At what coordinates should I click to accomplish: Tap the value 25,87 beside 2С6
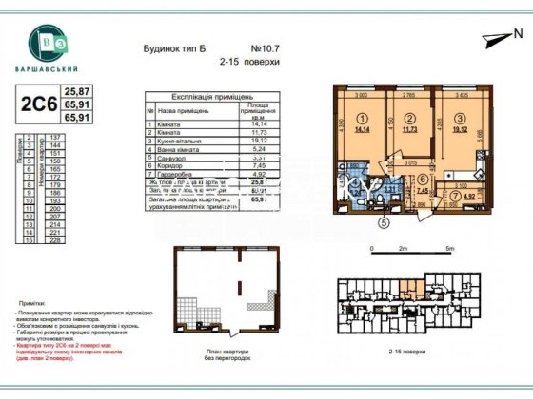pyautogui.click(x=76, y=90)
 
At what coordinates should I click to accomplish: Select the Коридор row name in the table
pyautogui.click(x=171, y=166)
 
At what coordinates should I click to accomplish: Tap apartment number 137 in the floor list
pyautogui.click(x=54, y=138)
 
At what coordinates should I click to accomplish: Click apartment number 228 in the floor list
pyautogui.click(x=54, y=240)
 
